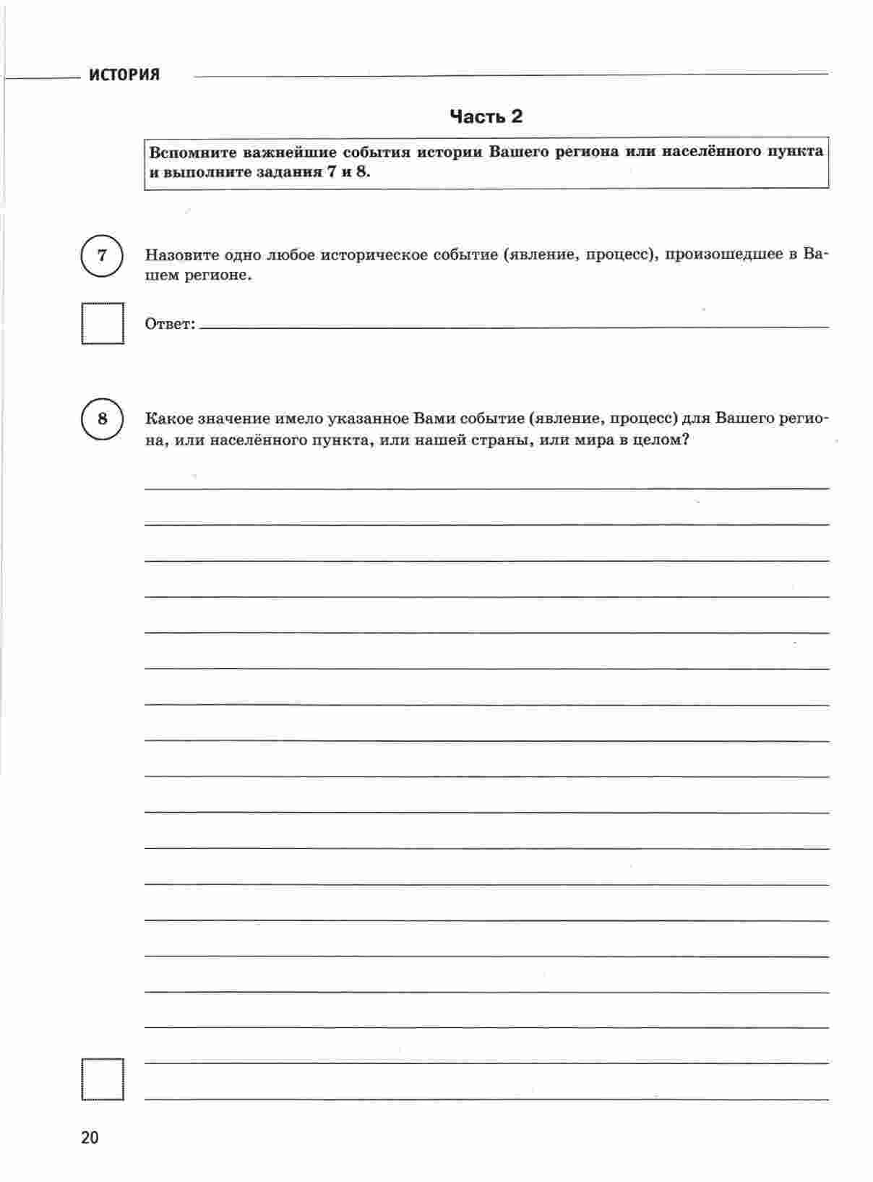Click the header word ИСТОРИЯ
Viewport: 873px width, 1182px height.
click(124, 75)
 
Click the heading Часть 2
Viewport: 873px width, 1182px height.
click(486, 116)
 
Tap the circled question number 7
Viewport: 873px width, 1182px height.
click(102, 255)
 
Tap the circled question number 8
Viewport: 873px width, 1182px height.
click(102, 419)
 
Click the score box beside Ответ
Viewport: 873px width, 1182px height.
click(102, 323)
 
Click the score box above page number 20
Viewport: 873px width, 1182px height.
click(102, 1079)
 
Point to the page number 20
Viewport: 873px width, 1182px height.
click(90, 1137)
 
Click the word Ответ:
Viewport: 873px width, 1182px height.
click(170, 324)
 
